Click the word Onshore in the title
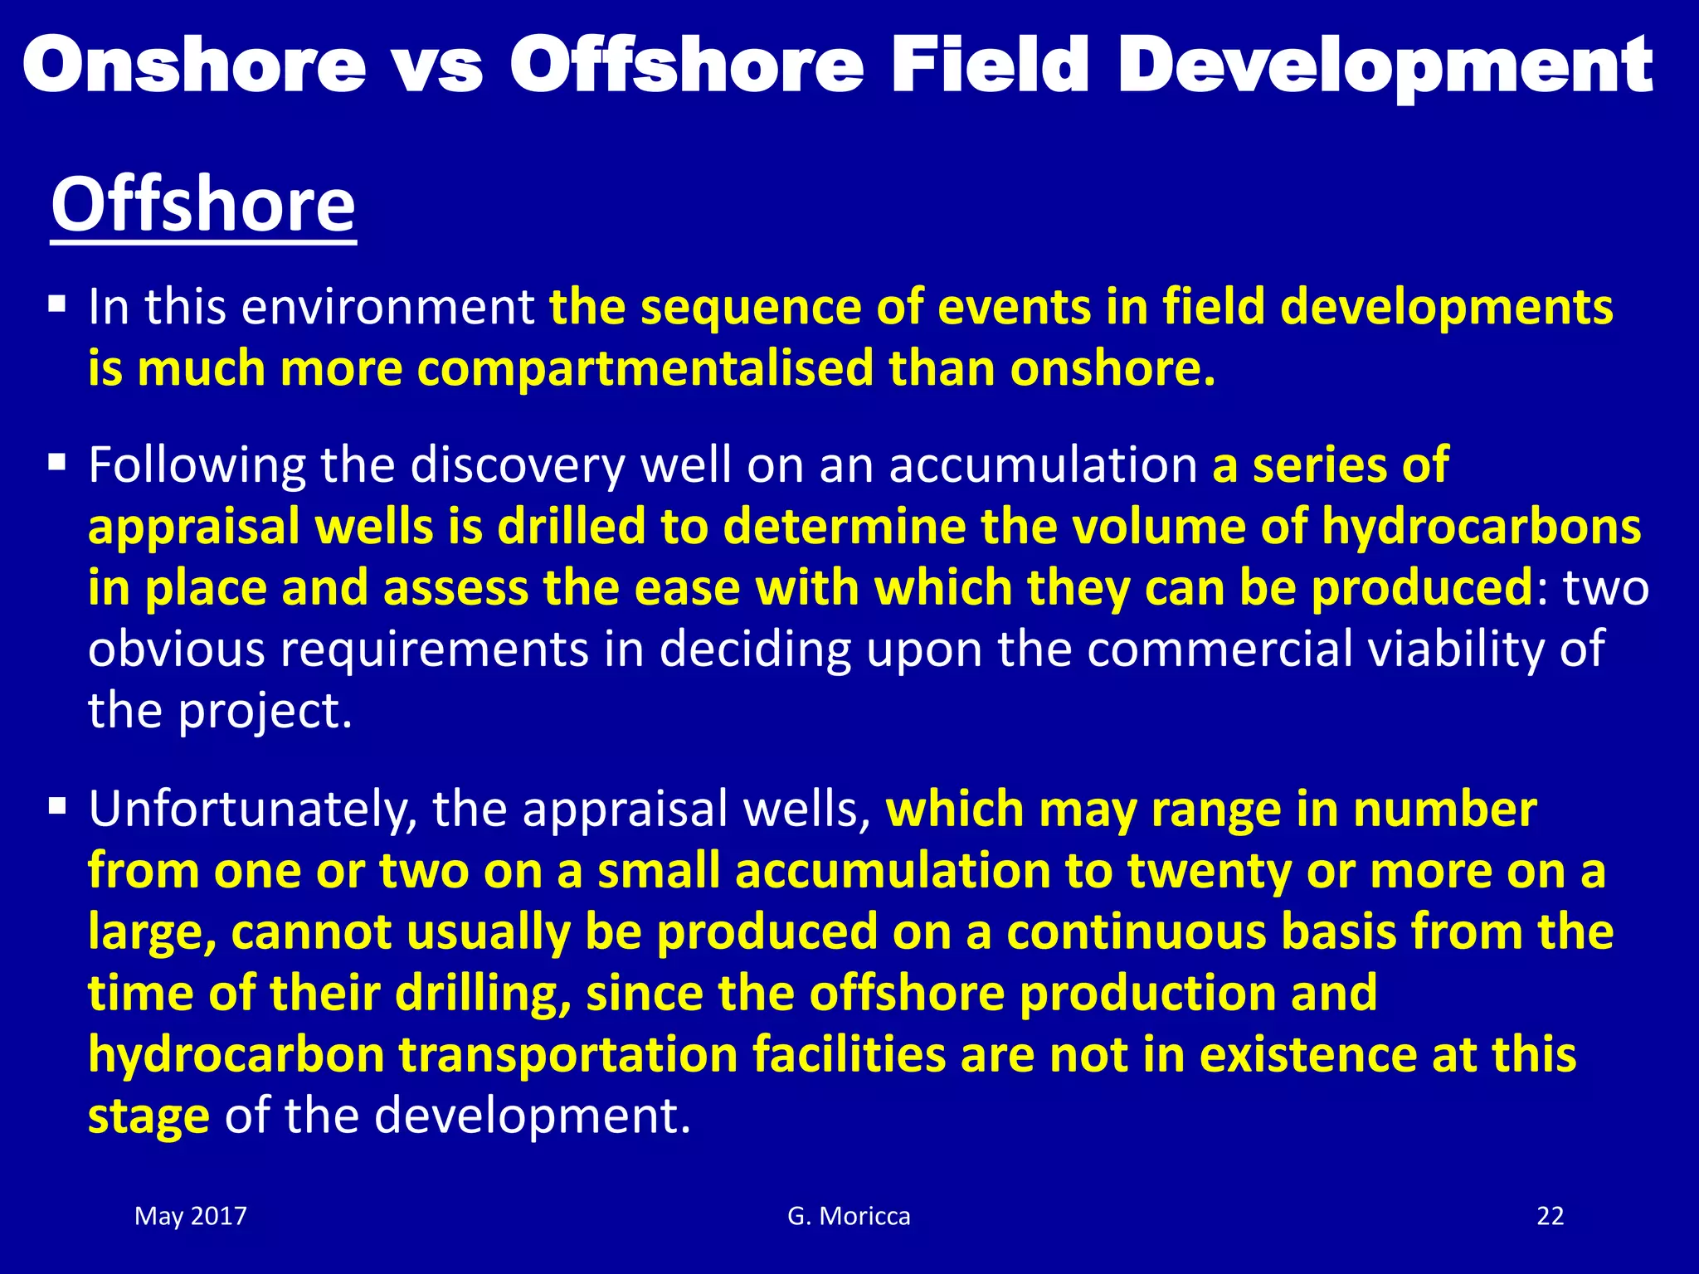pos(194,66)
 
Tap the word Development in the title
pos(1385,66)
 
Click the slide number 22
pos(1550,1216)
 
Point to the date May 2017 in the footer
pos(191,1216)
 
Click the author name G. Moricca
pos(849,1216)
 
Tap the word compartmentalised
pos(645,368)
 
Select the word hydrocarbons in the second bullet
pos(1481,527)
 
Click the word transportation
pos(568,1055)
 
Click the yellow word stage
pos(148,1116)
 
